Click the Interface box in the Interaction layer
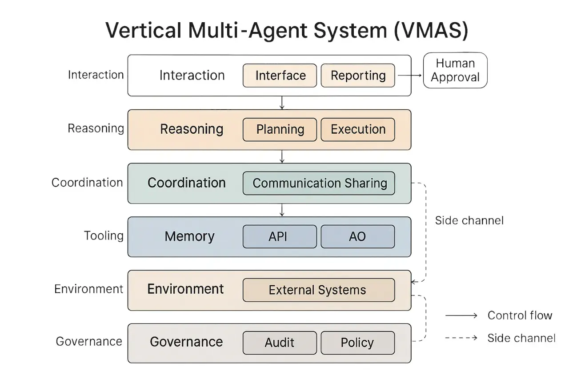pyautogui.click(x=280, y=76)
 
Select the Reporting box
pyautogui.click(x=358, y=76)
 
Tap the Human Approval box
pyautogui.click(x=455, y=70)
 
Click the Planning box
pyautogui.click(x=280, y=129)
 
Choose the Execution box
pyautogui.click(x=358, y=129)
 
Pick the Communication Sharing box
pyautogui.click(x=319, y=183)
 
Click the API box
pyautogui.click(x=280, y=236)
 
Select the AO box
pyautogui.click(x=358, y=236)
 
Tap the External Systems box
pyautogui.click(x=319, y=290)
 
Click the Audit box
pyautogui.click(x=280, y=343)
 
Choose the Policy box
pyautogui.click(x=358, y=343)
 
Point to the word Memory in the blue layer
pyautogui.click(x=189, y=236)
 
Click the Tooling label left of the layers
pyautogui.click(x=104, y=235)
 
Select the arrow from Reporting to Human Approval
pyautogui.click(x=409, y=76)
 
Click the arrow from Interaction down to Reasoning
pyautogui.click(x=282, y=103)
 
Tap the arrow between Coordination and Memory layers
pyautogui.click(x=282, y=210)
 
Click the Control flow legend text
pyautogui.click(x=520, y=315)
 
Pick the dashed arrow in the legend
pyautogui.click(x=461, y=338)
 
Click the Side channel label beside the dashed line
pyautogui.click(x=469, y=220)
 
